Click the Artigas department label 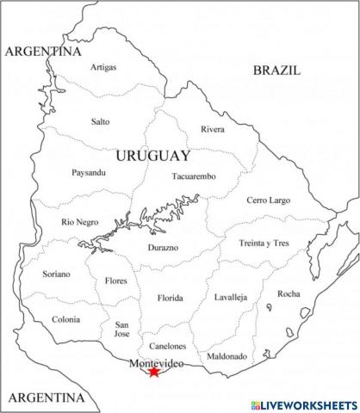click(103, 67)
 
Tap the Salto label click(101, 121)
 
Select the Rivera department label click(213, 129)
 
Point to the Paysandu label click(89, 172)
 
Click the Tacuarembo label click(194, 176)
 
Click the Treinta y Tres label click(264, 243)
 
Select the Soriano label click(57, 274)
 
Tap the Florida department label click(170, 299)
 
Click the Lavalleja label click(231, 297)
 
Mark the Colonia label click(65, 319)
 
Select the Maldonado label click(227, 355)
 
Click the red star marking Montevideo click(154, 372)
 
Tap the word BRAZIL click(276, 71)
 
